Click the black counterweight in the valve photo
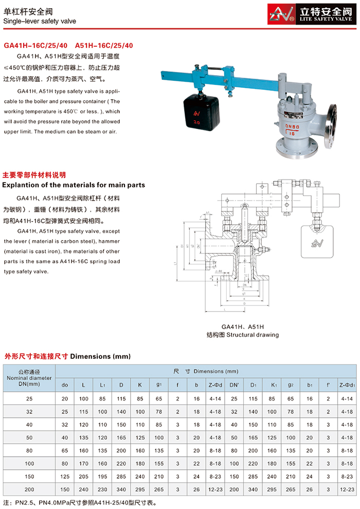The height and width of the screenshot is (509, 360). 198,110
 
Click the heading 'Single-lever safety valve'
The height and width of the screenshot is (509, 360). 40,22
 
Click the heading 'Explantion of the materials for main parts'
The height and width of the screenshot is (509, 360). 74,185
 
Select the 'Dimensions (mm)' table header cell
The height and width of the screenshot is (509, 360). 206,371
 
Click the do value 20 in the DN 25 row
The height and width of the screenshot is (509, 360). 65,398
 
